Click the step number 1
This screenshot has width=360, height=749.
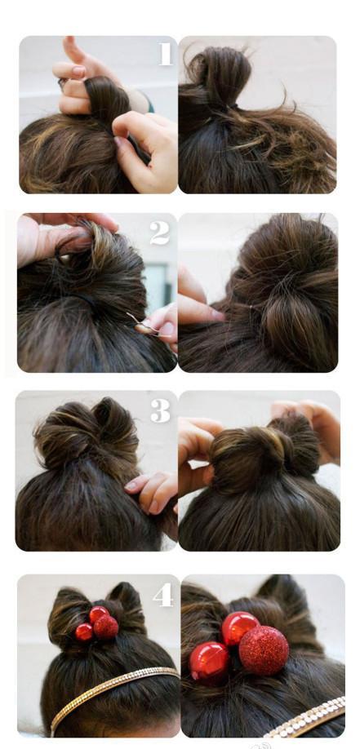165,54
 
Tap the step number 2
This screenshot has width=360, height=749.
159,233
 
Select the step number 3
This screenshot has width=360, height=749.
161,410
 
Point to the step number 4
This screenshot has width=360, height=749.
162,595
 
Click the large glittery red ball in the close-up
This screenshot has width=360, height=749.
264,650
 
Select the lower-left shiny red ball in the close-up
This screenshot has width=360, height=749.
209,663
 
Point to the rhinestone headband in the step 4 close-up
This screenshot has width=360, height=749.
306,719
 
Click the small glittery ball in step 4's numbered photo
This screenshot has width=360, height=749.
105,627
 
